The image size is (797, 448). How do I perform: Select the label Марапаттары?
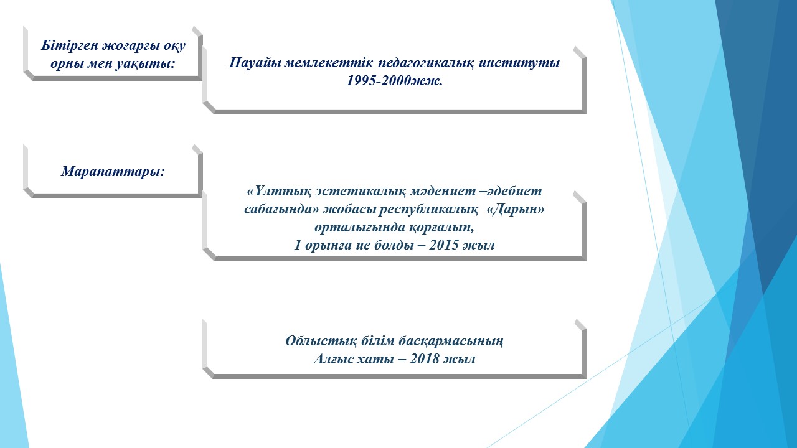[113, 171]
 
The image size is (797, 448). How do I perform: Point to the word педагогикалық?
[425, 63]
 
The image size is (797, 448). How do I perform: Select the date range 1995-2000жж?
[394, 81]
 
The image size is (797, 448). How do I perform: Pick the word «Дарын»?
[515, 210]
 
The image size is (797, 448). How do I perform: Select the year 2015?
[444, 245]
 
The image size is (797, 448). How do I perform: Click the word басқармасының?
[451, 341]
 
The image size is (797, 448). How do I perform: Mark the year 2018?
[425, 359]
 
